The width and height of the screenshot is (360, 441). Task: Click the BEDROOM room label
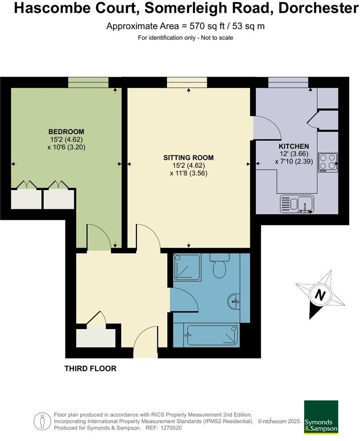coord(66,132)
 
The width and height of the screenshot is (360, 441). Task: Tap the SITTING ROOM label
coord(188,158)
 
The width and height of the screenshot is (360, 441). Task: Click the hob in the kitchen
coord(328,162)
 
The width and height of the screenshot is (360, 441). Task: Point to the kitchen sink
coord(297,204)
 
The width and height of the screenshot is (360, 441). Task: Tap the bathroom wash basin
coord(234,301)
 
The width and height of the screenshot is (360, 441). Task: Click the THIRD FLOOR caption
coord(90,369)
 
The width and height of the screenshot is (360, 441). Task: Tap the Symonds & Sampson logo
coord(321,417)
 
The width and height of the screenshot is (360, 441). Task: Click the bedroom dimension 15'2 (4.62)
coord(66,139)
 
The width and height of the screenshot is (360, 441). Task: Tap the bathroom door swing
coord(184,300)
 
